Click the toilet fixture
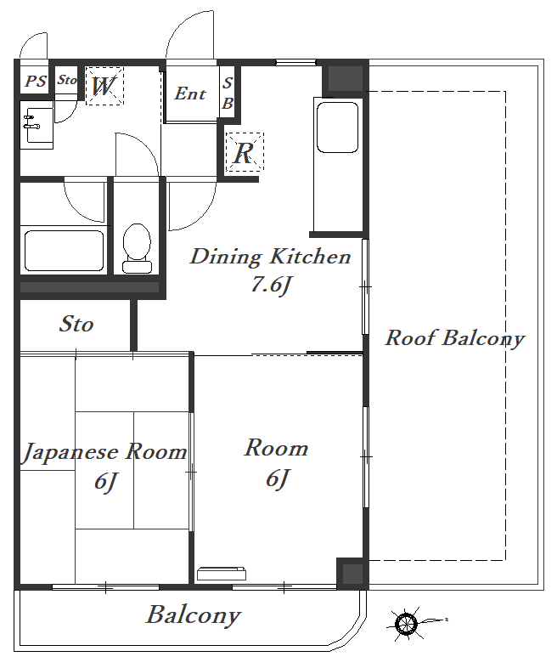tap(137, 248)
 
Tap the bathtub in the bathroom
tap(65, 251)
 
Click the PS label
tap(36, 81)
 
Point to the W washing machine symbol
tap(104, 86)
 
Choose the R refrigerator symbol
tap(245, 152)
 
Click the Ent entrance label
tap(190, 93)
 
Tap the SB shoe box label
tap(228, 93)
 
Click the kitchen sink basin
tap(337, 127)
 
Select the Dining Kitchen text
tap(270, 257)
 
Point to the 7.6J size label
tap(271, 285)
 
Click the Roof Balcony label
tap(454, 338)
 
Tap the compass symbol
tap(407, 624)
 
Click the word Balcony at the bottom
tap(194, 614)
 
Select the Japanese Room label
tap(104, 452)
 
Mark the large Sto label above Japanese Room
tap(76, 324)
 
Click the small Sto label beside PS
tap(67, 80)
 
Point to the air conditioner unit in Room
tap(222, 574)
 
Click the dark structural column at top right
tap(345, 78)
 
